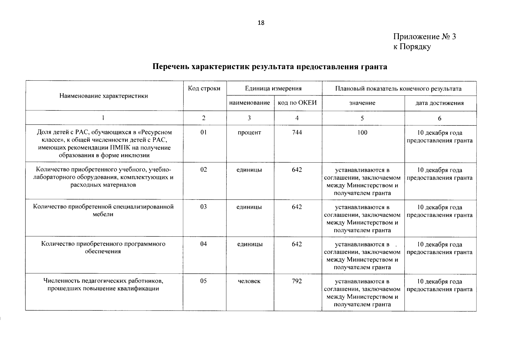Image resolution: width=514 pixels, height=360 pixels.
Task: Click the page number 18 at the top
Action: pos(261,23)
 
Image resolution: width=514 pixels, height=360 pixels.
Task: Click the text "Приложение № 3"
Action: pos(424,37)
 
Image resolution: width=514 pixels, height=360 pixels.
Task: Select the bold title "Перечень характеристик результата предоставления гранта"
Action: pos(270,66)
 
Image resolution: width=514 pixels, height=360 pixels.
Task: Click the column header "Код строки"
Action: pos(204,88)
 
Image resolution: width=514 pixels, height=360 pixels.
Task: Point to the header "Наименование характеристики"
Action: pos(104,96)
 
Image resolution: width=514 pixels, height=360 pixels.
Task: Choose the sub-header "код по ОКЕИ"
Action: pos(297,103)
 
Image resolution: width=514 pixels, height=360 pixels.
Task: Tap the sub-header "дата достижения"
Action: pos(439,103)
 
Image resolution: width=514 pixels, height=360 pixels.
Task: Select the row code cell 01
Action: pos(203,132)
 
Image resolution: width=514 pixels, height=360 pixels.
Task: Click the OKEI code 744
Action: pos(297,132)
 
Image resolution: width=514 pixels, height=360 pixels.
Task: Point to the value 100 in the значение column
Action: pos(362,132)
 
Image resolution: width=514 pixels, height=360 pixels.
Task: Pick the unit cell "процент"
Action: pos(249,132)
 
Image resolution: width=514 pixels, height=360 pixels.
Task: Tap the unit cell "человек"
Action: pos(249,281)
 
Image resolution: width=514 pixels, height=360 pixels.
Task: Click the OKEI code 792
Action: pos(297,281)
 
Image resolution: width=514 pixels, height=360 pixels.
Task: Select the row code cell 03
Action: pos(203,207)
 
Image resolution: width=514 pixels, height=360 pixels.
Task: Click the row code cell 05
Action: pos(203,281)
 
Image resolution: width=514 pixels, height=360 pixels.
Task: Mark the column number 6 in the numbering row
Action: pos(439,118)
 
